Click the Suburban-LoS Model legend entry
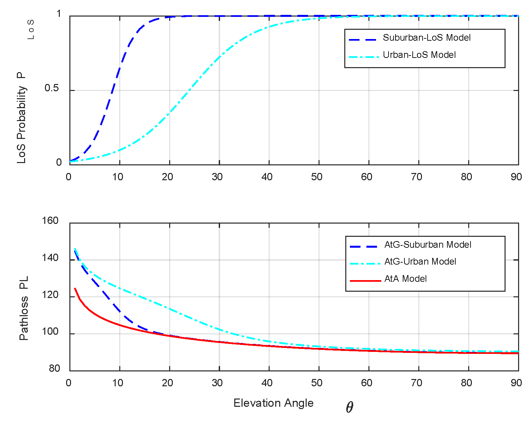pyautogui.click(x=426, y=38)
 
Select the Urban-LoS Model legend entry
pyautogui.click(x=419, y=55)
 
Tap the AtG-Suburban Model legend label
pyautogui.click(x=428, y=245)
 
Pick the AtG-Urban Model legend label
pyautogui.click(x=420, y=262)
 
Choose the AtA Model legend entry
pyautogui.click(x=405, y=279)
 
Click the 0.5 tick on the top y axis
pyautogui.click(x=52, y=88)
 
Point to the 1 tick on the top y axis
pyautogui.click(x=59, y=14)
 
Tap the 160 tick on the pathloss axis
pyautogui.click(x=50, y=221)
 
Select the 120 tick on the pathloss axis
pyautogui.click(x=50, y=295)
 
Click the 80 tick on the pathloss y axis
pyautogui.click(x=54, y=368)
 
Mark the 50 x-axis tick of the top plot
pyautogui.click(x=317, y=177)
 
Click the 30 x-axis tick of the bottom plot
pyautogui.click(x=217, y=383)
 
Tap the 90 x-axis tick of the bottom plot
pyautogui.click(x=516, y=383)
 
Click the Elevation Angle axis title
pyautogui.click(x=273, y=403)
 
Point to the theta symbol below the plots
pyautogui.click(x=350, y=407)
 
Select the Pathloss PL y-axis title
pyautogui.click(x=24, y=308)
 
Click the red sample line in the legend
pyautogui.click(x=365, y=281)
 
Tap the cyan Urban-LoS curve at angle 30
pyautogui.click(x=219, y=58)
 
